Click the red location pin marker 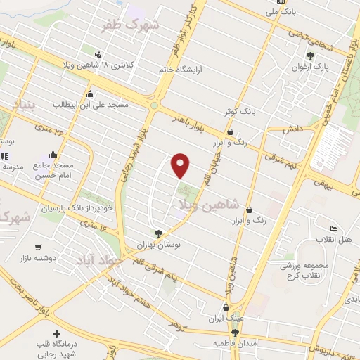point(181,166)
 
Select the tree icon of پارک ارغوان point(310,56)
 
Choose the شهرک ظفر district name point(132,25)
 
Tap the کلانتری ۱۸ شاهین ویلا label point(98,65)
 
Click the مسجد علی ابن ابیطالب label point(91,105)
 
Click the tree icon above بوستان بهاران point(159,233)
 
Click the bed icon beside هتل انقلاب point(333,229)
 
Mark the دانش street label point(292,131)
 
